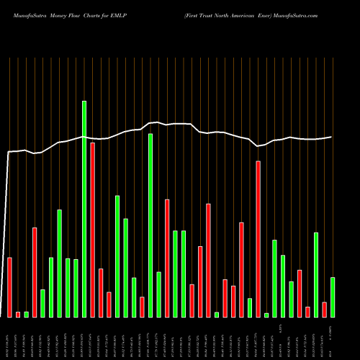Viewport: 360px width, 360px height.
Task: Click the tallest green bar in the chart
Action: [84, 209]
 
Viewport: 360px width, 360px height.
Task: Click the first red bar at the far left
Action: [10, 287]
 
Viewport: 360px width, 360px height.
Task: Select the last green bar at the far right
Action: [333, 297]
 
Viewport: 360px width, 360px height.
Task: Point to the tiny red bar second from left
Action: [18, 314]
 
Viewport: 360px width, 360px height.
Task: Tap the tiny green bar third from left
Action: [27, 314]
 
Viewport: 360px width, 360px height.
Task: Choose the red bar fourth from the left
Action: [35, 272]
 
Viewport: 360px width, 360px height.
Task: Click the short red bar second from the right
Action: [324, 310]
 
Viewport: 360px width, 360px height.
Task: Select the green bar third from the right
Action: [316, 274]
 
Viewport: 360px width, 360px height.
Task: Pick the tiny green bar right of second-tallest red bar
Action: [266, 315]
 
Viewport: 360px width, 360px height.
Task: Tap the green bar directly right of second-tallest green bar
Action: [158, 294]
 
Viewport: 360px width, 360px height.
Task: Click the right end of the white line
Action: [332, 137]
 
